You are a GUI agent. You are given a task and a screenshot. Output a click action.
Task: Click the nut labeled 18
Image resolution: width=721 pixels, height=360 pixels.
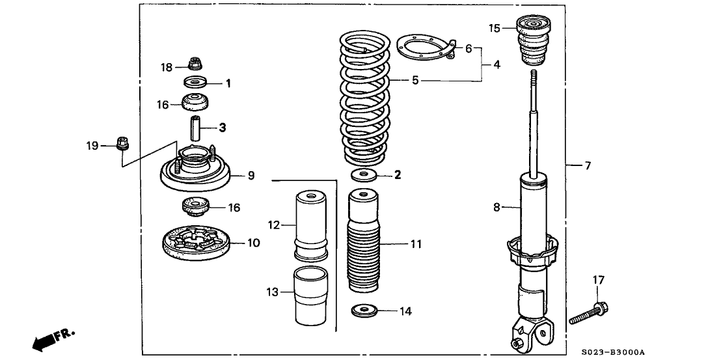click(x=193, y=64)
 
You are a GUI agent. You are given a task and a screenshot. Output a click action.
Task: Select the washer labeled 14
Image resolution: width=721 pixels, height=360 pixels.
click(x=365, y=311)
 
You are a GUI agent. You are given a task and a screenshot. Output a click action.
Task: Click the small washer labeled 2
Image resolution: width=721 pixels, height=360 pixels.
click(x=364, y=174)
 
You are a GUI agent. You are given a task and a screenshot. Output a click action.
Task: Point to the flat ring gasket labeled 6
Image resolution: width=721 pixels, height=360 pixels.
click(x=423, y=48)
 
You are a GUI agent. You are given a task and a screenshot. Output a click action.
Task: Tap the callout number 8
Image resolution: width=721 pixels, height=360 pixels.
click(x=496, y=208)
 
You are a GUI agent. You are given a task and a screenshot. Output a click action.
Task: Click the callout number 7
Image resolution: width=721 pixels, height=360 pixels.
click(x=587, y=166)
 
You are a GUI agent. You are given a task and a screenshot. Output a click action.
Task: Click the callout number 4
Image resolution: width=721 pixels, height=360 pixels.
click(x=497, y=64)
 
